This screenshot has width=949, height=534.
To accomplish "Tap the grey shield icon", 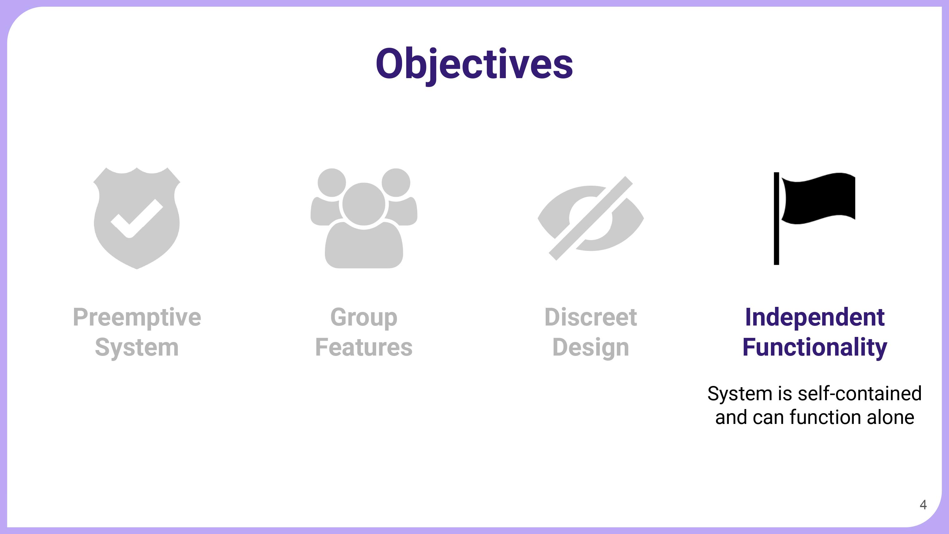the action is pos(137,218).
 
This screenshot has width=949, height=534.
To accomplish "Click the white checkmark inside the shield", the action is pos(137,219).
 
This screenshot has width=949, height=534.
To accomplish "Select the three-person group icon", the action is pos(364,218).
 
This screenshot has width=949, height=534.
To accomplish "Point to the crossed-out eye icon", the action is pos(591,218).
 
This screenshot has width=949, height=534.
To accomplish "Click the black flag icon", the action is pos(814,218).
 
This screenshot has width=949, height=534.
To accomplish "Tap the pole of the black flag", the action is pos(776,218).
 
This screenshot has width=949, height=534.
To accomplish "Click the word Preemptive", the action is pos(137,317).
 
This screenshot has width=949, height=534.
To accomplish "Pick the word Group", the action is pos(364,317).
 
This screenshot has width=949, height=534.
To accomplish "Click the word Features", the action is pos(364,347).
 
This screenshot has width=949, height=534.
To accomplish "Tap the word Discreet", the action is pos(591,317).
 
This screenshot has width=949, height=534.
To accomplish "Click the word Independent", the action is pos(815,317).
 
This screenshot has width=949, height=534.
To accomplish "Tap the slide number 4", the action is pos(923,505).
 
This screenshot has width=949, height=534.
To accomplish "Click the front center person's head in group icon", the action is pos(364,204).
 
